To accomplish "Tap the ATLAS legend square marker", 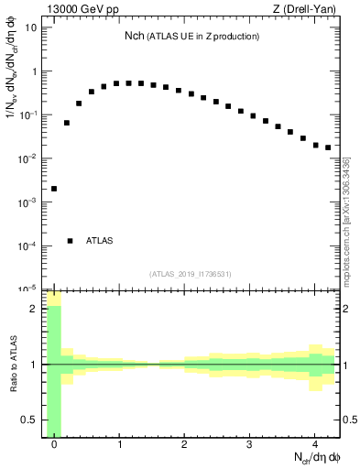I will pos(71,241).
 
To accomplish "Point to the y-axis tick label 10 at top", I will pos(30,27).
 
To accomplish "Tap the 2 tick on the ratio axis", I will pos(34,309).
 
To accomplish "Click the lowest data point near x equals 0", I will pos(54,189).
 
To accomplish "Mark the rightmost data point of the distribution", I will pos(327,147).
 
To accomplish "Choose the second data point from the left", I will pos(66,123).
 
